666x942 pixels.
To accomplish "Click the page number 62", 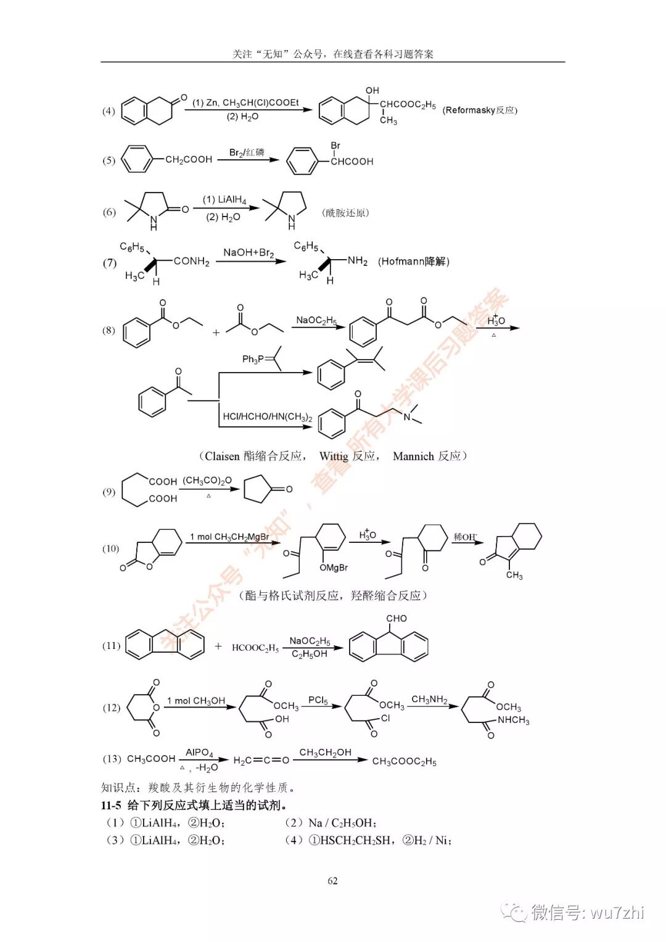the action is coord(332,880).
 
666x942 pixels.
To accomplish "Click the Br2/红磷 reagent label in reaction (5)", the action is coord(247,152).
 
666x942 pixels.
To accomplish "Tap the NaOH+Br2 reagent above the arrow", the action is coord(249,252).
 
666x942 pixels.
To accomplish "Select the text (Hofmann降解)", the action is coord(414,262).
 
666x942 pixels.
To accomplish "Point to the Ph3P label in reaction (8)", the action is coord(253,359).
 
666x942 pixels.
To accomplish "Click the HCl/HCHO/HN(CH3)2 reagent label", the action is coord(268,416).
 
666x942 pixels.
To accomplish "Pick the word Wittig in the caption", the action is coord(334,456).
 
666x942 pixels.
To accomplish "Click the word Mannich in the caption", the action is coord(413,456).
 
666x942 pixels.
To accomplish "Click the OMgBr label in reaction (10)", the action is coord(334,568).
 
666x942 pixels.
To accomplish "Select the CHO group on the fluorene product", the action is coord(396,618).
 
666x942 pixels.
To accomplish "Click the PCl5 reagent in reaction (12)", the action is coord(318,700).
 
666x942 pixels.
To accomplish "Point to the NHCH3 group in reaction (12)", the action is coord(513,720).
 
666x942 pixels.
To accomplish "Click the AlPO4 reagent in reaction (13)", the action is coord(199,753).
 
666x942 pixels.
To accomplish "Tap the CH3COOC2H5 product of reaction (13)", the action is coord(404,761).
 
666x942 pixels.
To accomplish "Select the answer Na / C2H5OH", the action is coord(342,823).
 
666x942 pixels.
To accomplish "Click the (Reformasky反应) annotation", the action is coord(480,110).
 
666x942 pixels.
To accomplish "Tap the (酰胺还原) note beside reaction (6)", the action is coord(345,213).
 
